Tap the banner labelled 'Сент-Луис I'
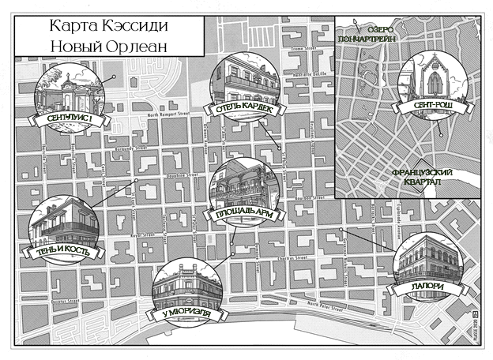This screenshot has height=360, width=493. pyautogui.click(x=70, y=119)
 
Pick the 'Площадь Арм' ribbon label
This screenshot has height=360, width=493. pyautogui.click(x=243, y=213)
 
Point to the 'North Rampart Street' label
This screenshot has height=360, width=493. pyautogui.click(x=170, y=114)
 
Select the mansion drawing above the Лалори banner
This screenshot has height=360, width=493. pyautogui.click(x=427, y=259)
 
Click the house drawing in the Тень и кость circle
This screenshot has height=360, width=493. pyautogui.click(x=65, y=223)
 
